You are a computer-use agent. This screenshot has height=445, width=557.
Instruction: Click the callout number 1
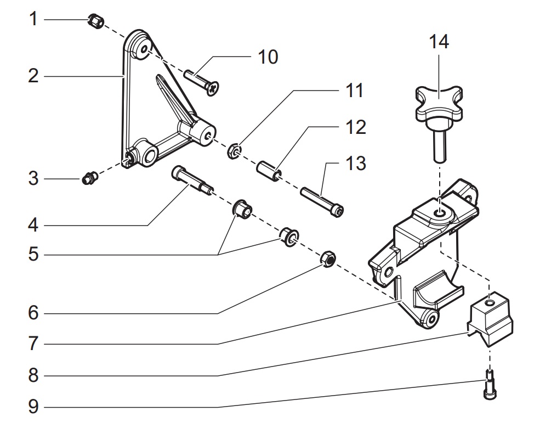(x=33, y=20)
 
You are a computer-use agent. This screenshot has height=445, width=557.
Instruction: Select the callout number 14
(x=439, y=42)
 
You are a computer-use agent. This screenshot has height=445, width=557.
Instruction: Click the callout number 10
(x=268, y=57)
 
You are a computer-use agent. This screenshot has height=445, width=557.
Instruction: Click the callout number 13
(x=356, y=163)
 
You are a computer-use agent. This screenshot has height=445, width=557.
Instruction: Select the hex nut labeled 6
(x=328, y=259)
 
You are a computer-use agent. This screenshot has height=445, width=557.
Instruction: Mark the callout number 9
(x=33, y=407)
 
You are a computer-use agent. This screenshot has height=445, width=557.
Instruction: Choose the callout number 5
(x=33, y=255)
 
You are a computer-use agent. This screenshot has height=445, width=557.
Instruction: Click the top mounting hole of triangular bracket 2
(x=143, y=50)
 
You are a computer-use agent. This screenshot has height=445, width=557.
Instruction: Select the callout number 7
(x=33, y=344)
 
